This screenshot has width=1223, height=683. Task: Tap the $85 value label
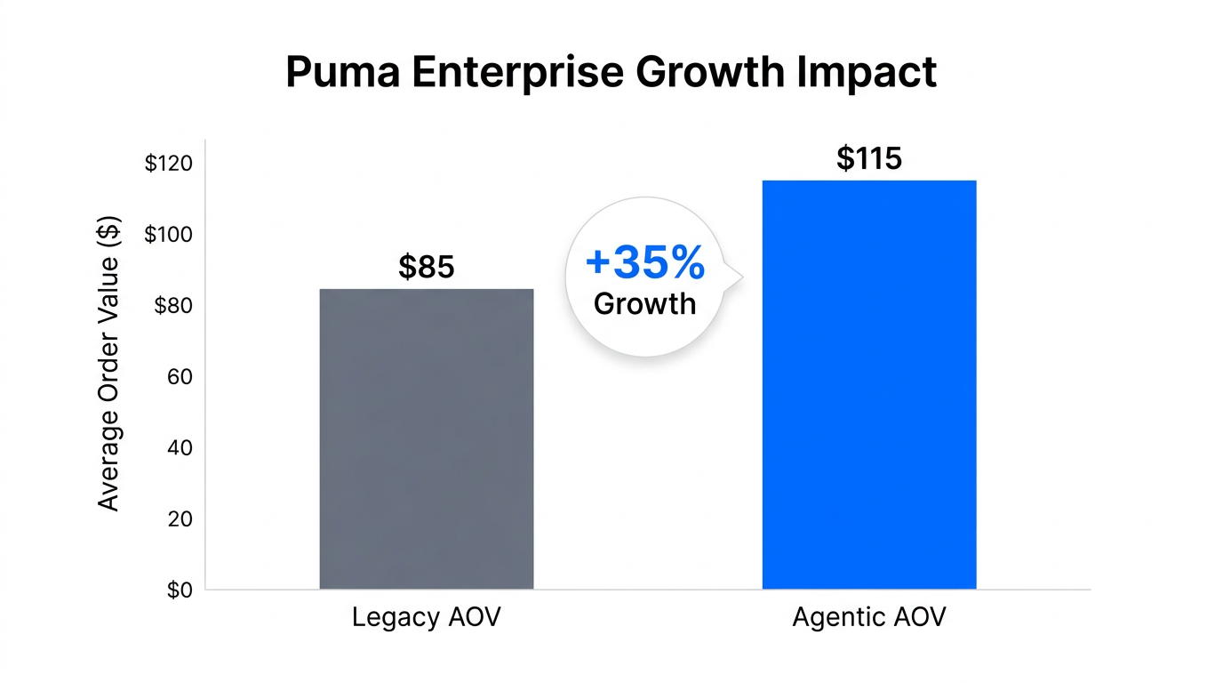[x=427, y=266]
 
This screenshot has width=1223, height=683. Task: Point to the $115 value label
[x=869, y=158]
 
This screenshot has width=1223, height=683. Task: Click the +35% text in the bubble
[x=645, y=263]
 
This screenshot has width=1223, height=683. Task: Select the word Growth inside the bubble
[x=645, y=304]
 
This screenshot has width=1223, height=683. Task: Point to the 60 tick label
[x=180, y=377]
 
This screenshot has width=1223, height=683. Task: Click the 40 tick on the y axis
[x=180, y=448]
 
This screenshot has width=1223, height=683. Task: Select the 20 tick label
[x=180, y=518]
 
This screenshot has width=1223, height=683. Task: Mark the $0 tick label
[x=180, y=590]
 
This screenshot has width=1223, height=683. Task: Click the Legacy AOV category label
[x=427, y=617]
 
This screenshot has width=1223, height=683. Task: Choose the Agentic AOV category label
[x=869, y=617]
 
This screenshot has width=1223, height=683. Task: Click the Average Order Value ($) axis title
[x=108, y=364]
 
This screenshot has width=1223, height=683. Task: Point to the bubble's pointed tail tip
[x=741, y=277]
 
